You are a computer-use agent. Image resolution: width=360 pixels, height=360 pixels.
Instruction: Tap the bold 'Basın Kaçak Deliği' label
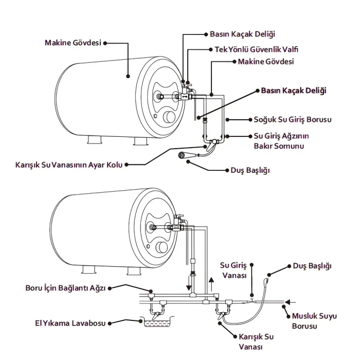coord(294,91)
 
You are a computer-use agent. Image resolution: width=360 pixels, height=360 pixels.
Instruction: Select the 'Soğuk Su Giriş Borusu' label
coord(293,119)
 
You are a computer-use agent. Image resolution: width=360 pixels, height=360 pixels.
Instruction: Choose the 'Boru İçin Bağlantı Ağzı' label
coord(65,288)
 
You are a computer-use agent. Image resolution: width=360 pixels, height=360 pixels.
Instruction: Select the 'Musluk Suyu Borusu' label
coord(314,321)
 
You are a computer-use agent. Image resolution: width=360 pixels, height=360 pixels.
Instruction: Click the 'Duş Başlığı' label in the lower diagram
coord(312,266)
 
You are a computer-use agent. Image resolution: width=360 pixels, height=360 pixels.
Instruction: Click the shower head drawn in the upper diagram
coord(182,155)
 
